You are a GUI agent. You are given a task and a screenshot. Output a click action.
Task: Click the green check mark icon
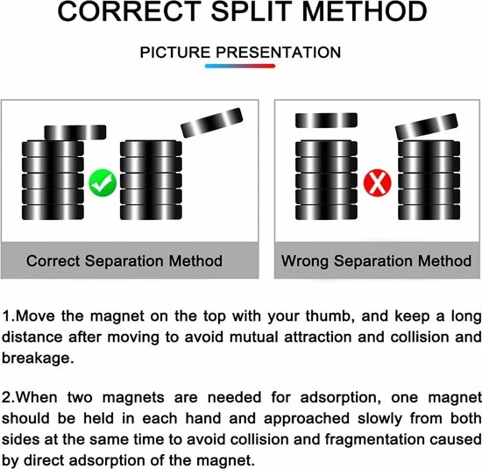tap(103, 183)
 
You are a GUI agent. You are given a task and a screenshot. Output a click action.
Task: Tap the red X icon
tap(378, 182)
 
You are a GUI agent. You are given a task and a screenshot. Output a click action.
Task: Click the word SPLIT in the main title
tap(252, 11)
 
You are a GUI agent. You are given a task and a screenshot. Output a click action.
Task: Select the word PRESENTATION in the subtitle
tap(278, 53)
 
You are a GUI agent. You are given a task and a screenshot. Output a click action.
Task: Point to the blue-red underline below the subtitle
tap(240, 66)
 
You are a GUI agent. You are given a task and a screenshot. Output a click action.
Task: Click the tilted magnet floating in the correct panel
tap(212, 123)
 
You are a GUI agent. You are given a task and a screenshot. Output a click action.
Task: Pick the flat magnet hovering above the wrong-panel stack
tap(326, 120)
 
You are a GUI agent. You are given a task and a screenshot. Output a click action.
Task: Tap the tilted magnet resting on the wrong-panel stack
tap(427, 126)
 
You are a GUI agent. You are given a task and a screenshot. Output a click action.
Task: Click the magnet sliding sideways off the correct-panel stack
tap(75, 132)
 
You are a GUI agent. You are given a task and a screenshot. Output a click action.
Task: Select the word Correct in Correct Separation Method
tap(53, 260)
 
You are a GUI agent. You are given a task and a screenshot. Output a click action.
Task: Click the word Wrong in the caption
tap(305, 260)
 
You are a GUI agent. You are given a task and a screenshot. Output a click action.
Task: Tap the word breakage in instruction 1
tap(36, 359)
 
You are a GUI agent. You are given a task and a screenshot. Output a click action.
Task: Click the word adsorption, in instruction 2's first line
tap(338, 397)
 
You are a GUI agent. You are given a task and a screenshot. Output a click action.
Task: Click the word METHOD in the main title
tap(365, 11)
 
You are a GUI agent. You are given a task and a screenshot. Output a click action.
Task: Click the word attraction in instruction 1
tap(318, 337)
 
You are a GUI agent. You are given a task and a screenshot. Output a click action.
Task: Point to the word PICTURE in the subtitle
tap(175, 53)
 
